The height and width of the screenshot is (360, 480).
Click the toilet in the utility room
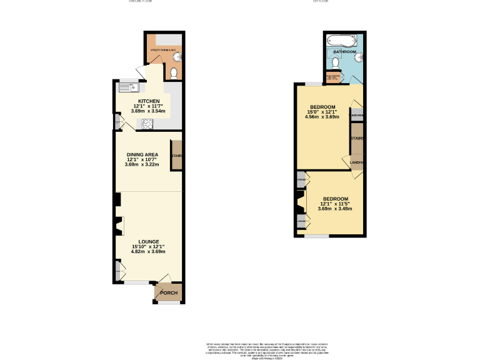tap(174, 74)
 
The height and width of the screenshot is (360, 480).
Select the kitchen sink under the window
tap(129, 87)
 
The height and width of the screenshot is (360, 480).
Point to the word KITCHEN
tap(149, 101)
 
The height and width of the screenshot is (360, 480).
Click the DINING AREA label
tap(142, 154)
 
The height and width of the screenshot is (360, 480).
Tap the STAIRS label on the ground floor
tap(176, 156)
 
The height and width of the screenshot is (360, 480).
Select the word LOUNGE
tap(149, 242)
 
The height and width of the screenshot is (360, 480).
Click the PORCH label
tap(169, 293)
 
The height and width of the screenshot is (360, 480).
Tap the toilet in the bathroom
tap(336, 62)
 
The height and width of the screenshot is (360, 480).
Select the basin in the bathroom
tap(359, 56)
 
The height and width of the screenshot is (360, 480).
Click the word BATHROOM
tap(344, 52)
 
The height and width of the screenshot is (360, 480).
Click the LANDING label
tap(357, 163)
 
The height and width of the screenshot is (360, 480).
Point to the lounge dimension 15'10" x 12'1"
tap(149, 247)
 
